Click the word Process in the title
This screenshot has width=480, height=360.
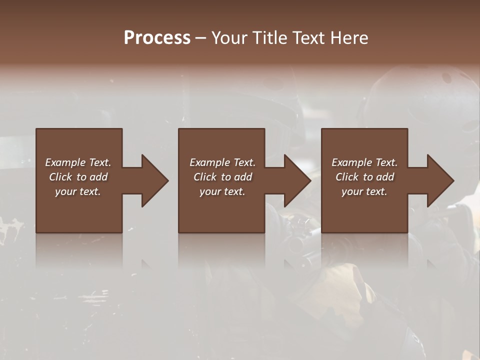tap(157, 38)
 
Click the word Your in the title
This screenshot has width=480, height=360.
tap(229, 38)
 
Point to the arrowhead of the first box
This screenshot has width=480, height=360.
tap(155, 180)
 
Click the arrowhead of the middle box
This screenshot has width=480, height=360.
tap(298, 180)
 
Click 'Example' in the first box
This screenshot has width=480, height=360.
tap(65, 162)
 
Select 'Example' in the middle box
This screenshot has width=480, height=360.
tap(209, 162)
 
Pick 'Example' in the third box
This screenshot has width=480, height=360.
tap(351, 162)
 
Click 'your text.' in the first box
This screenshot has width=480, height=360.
tap(78, 191)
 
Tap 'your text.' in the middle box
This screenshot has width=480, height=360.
tap(222, 191)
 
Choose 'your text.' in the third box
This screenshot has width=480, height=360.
tap(364, 191)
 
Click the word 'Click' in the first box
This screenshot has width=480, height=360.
tap(61, 177)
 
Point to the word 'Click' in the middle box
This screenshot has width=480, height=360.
tap(205, 177)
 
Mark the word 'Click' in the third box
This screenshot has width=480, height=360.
tap(347, 177)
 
